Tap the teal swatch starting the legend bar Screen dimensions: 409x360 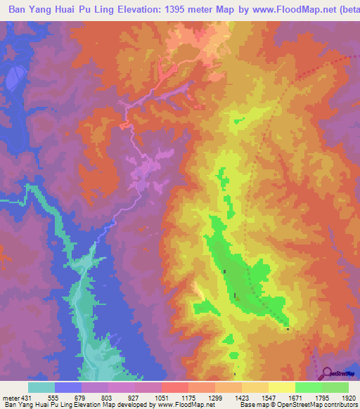tap(41, 387)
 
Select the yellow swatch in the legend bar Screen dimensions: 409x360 tap(282, 387)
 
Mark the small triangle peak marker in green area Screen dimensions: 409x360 tap(237, 298)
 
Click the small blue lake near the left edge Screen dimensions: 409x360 tap(12, 82)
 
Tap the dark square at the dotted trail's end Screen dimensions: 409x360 tap(288, 328)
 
